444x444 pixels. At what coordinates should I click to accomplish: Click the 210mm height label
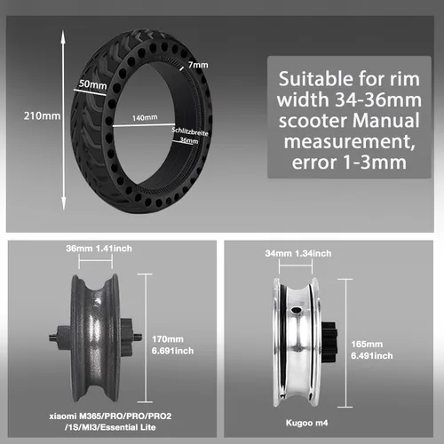(x=42, y=115)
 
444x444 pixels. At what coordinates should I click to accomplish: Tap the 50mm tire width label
(x=93, y=84)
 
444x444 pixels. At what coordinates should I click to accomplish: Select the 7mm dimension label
(x=198, y=65)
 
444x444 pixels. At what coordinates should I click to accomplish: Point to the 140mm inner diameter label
(x=145, y=118)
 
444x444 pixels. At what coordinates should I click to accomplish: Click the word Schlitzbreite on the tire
(x=190, y=131)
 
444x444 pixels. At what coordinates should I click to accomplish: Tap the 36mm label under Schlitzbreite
(x=189, y=140)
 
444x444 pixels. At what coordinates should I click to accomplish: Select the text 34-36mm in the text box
(x=378, y=99)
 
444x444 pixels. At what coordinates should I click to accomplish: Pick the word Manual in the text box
(x=385, y=121)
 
